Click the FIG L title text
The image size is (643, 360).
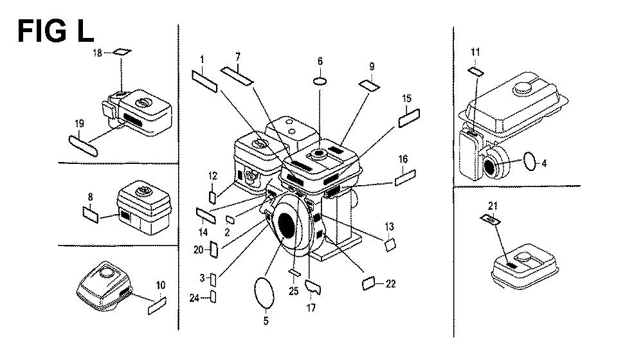pyautogui.click(x=55, y=31)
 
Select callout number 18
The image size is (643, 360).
pyautogui.click(x=98, y=53)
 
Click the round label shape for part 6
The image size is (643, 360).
pyautogui.click(x=320, y=82)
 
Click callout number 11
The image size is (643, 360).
pyautogui.click(x=475, y=51)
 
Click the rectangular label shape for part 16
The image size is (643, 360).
pyautogui.click(x=406, y=178)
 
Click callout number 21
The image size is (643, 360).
pyautogui.click(x=493, y=206)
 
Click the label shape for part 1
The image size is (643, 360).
pyautogui.click(x=205, y=81)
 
